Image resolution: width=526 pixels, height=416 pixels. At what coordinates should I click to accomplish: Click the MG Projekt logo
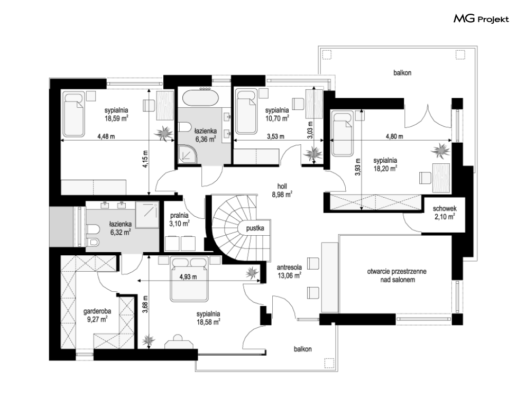click(x=481, y=19)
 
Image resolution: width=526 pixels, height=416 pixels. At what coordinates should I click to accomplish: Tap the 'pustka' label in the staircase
click(x=255, y=228)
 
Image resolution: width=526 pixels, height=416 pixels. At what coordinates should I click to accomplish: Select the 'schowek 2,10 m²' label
click(x=445, y=212)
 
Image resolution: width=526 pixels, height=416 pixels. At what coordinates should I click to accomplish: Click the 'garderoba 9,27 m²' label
click(x=97, y=316)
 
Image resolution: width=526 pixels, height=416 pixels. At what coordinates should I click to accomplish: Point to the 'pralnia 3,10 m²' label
click(x=179, y=219)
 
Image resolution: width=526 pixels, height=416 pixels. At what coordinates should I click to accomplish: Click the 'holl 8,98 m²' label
click(x=282, y=190)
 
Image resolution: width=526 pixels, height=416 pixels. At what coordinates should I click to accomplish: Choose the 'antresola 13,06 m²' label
click(x=289, y=271)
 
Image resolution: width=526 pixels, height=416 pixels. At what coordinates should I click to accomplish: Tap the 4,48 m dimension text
click(x=106, y=136)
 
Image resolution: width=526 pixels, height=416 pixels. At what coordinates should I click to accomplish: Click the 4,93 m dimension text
click(x=188, y=277)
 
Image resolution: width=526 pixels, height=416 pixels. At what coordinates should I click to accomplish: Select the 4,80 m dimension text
click(x=394, y=136)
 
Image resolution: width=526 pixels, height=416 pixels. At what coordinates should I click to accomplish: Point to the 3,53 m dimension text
click(x=276, y=136)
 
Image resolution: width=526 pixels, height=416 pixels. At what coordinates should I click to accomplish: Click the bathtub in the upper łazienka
click(x=200, y=98)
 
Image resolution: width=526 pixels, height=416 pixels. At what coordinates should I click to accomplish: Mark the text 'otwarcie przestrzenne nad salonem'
click(x=397, y=275)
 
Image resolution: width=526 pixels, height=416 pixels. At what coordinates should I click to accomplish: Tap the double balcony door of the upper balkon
click(x=428, y=116)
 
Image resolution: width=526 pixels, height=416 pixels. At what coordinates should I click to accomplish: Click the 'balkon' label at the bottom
click(x=302, y=349)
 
